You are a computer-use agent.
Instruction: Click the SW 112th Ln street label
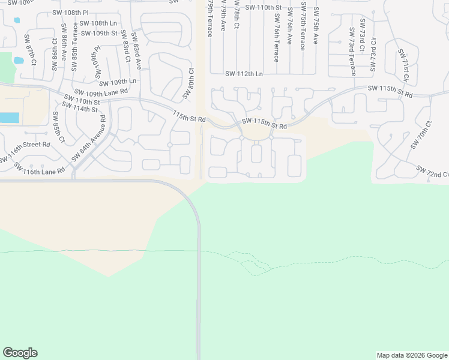tap(244, 74)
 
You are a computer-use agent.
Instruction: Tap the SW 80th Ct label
tap(188, 83)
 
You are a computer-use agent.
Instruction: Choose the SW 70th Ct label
tap(421, 135)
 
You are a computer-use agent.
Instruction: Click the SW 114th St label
tap(79, 109)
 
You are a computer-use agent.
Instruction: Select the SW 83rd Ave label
tap(137, 52)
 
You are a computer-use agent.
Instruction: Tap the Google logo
tap(20, 353)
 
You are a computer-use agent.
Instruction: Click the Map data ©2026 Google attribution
tap(412, 355)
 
